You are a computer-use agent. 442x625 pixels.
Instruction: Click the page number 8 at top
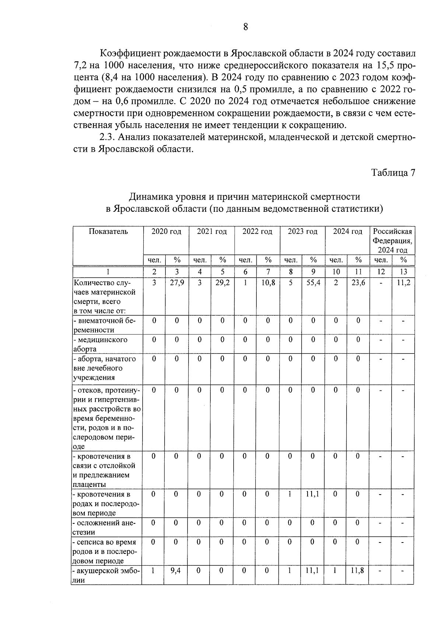coord(246,27)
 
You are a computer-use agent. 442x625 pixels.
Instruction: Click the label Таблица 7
coord(393,173)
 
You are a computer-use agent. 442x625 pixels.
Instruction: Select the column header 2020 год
coord(166,232)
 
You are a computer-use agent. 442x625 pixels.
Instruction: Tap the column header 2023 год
coord(302,232)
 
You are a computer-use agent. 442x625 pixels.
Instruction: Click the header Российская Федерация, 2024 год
coord(392,240)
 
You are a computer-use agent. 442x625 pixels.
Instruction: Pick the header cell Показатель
coord(108,232)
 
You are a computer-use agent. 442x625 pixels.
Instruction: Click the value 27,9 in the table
coord(177,283)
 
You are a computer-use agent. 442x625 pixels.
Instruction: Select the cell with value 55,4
coord(313,283)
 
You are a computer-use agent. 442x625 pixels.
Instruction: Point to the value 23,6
coord(358,283)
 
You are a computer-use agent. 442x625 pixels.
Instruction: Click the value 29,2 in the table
coord(222,283)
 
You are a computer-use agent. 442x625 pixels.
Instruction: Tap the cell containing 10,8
coord(268,283)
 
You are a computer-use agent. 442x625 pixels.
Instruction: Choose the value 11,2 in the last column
coord(403,283)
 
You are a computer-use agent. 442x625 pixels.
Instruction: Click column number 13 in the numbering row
coord(403,272)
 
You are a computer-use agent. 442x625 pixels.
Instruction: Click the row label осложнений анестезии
coord(105,527)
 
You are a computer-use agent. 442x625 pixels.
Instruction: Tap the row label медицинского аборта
coord(101,344)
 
